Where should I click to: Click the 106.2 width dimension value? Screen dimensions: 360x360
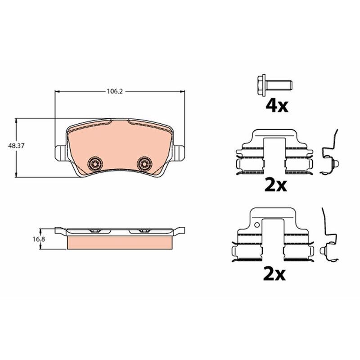pyautogui.click(x=115, y=92)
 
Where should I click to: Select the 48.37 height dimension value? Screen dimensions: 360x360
pyautogui.click(x=16, y=145)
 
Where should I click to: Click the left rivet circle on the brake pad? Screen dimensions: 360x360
pyautogui.click(x=95, y=163)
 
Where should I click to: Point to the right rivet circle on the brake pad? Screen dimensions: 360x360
pyautogui.click(x=144, y=163)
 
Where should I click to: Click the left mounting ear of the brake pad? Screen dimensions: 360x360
pyautogui.click(x=61, y=153)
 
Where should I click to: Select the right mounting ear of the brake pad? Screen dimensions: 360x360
pyautogui.click(x=179, y=153)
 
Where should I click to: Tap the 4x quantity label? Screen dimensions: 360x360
pyautogui.click(x=277, y=106)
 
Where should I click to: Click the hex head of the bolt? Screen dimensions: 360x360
pyautogui.click(x=261, y=85)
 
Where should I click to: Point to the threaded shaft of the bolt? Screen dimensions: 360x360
pyautogui.click(x=279, y=85)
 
